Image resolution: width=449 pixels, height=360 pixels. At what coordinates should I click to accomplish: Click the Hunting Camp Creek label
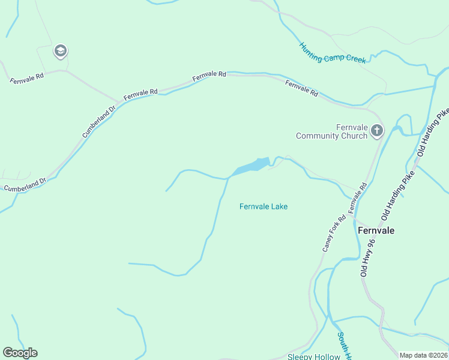(333, 53)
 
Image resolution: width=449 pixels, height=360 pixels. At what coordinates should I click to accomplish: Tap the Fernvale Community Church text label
(331, 131)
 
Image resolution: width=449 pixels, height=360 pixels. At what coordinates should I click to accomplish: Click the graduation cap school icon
(60, 51)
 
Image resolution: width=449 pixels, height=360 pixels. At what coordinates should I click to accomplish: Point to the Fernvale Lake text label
(264, 206)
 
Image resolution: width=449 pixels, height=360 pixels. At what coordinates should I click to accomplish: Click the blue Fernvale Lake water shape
(252, 166)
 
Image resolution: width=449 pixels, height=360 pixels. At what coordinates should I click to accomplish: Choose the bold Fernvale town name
(376, 230)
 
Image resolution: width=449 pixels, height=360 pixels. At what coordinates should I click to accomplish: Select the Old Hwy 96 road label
(368, 257)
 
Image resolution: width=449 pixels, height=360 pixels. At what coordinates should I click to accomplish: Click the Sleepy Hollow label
(313, 356)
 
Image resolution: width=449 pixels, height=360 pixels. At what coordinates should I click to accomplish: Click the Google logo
(20, 353)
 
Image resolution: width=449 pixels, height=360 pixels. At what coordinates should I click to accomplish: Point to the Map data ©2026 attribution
(423, 355)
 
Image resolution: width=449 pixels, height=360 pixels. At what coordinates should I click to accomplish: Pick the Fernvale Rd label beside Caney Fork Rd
(357, 196)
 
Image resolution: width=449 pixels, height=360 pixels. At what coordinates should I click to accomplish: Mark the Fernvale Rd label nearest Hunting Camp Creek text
(301, 88)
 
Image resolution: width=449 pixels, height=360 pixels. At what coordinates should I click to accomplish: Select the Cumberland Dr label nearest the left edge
(25, 185)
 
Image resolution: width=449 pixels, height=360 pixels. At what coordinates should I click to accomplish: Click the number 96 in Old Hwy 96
(371, 244)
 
